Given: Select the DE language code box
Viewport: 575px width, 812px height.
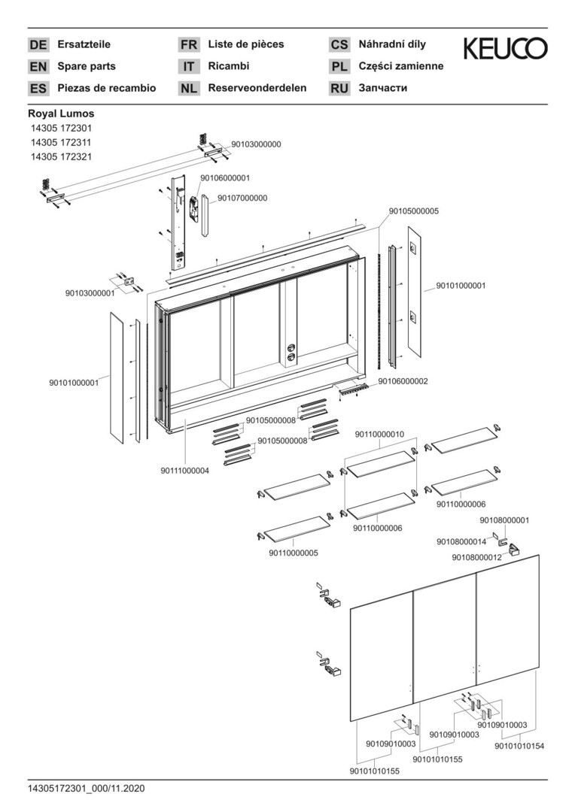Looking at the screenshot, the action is pos(38,45).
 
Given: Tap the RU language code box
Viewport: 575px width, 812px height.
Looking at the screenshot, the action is pos(339,89).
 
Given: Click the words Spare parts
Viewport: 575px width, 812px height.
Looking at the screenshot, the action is pos(87,66).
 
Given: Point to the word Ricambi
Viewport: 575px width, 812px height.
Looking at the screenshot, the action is pos(229,66).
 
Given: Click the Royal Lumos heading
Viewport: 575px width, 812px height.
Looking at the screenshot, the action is pos(61,114).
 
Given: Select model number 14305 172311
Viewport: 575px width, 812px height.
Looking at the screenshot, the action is pos(61,142).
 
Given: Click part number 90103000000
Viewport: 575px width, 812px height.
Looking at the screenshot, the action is pos(256,144).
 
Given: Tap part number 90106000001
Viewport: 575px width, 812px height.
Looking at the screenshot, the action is pos(225,178).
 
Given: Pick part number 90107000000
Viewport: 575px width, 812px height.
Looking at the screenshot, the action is pos(242,198).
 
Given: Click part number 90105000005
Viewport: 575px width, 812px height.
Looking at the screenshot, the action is pos(414,211).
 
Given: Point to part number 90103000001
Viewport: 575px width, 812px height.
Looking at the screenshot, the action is pos(90,294).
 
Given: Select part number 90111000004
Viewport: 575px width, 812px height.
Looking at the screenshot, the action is pos(184,471).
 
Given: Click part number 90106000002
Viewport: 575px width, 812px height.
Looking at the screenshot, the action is pos(403,382).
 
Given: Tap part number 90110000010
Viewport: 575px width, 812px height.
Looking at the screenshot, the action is pos(379,435).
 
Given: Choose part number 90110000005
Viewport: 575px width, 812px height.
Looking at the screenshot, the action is pos(294,553).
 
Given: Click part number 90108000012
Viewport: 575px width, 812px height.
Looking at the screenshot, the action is pos(477,557).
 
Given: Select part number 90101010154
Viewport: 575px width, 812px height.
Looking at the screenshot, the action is pos(519,747).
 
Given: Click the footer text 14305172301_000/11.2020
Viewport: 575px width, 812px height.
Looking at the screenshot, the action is pos(86,789).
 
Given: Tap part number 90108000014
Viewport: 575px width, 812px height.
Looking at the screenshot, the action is pos(461,541).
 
